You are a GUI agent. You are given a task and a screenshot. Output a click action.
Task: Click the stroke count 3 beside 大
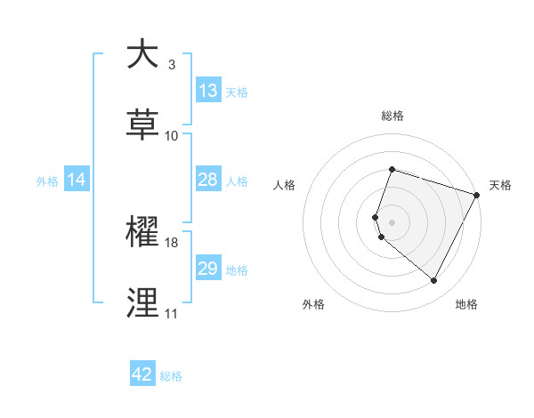click(x=171, y=65)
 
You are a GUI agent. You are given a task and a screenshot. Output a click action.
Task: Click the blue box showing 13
click(x=208, y=91)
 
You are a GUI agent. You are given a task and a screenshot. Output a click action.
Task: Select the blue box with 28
click(x=208, y=180)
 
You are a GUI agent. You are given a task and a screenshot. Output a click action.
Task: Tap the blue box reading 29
click(x=208, y=269)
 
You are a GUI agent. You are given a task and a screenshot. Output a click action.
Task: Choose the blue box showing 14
click(x=77, y=180)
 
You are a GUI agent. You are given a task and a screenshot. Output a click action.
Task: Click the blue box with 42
click(x=142, y=374)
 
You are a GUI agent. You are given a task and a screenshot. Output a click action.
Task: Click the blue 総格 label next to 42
click(x=171, y=376)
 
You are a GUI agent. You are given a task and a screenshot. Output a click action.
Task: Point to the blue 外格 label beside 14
click(x=47, y=181)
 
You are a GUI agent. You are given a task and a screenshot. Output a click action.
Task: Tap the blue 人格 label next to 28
click(x=237, y=181)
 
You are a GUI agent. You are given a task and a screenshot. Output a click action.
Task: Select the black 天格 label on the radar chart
click(x=500, y=185)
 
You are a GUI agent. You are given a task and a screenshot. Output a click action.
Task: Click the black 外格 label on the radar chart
click(x=313, y=304)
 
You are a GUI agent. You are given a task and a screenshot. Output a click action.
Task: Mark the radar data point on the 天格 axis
click(x=478, y=193)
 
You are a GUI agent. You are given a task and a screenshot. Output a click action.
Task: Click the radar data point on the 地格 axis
click(x=434, y=281)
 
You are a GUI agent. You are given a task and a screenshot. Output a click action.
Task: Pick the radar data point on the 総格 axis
click(x=392, y=170)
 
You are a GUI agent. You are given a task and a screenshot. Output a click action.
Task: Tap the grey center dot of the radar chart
click(x=392, y=221)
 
